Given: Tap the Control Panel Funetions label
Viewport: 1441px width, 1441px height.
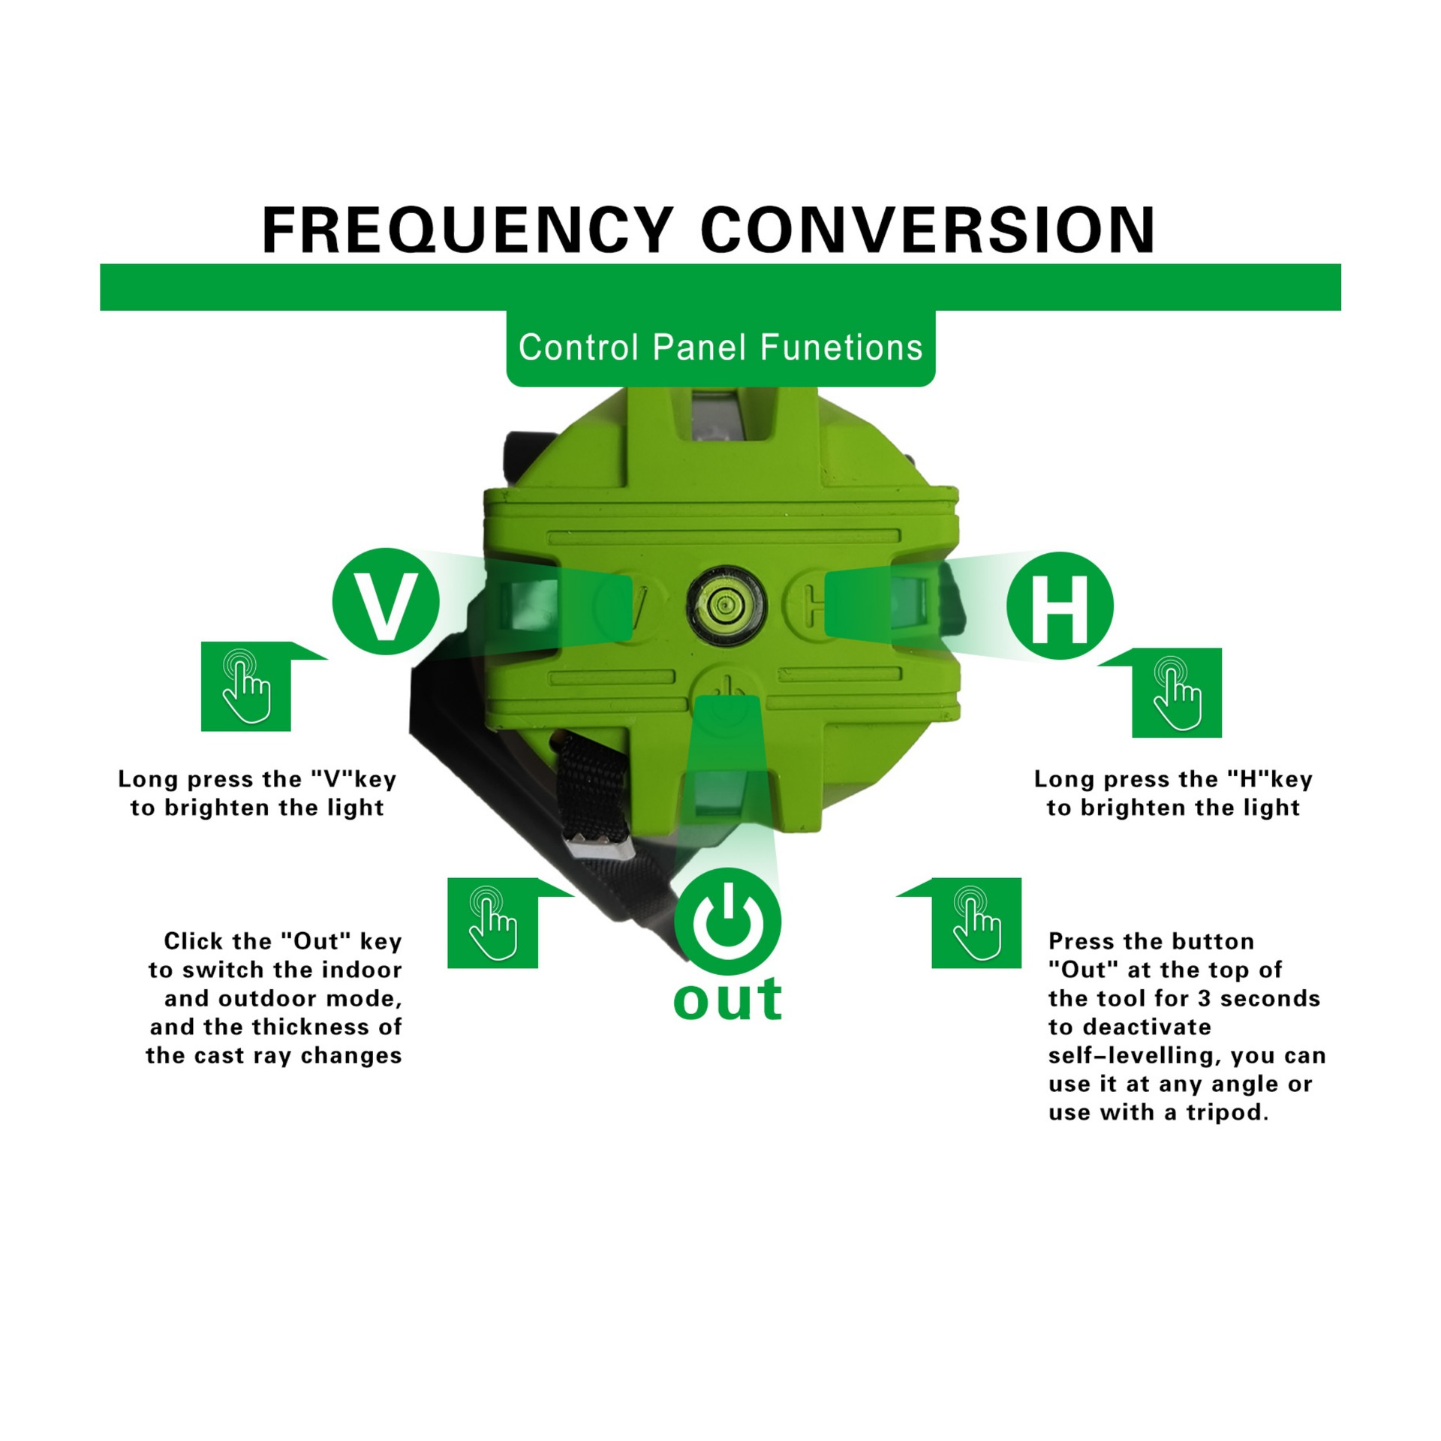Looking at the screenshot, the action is coord(720,347).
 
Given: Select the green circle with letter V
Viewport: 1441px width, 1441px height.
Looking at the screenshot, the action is coord(386,601).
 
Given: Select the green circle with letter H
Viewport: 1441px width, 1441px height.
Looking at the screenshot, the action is coord(1060,606).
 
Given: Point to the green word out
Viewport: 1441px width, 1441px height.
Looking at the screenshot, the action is coord(727,1000).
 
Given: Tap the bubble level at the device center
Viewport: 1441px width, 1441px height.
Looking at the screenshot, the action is coord(727,604).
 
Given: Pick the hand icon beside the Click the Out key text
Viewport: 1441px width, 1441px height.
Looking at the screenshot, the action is coord(492,923).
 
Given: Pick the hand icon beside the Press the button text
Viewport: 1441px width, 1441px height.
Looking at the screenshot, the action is coord(976,923).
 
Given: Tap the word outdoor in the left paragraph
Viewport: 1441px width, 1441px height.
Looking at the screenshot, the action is coord(263,999).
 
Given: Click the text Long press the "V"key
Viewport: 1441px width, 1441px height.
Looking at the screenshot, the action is coord(257,780).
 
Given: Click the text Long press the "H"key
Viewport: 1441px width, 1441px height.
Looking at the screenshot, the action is coord(1173,780).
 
